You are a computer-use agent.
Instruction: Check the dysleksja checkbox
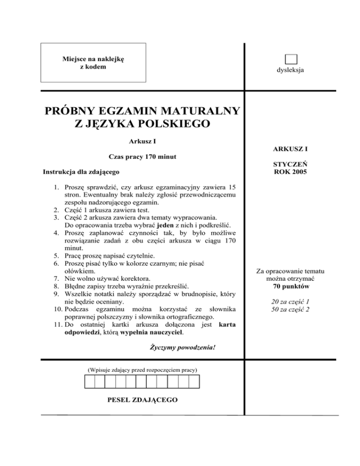pyautogui.click(x=291, y=60)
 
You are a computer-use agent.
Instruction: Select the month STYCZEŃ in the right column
pyautogui.click(x=290, y=165)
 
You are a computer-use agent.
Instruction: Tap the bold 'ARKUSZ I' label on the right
pyautogui.click(x=290, y=149)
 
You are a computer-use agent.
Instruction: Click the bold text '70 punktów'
pyautogui.click(x=290, y=286)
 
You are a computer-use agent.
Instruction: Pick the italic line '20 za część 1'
pyautogui.click(x=290, y=301)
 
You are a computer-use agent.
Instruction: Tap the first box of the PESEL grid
pyautogui.click(x=89, y=382)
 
